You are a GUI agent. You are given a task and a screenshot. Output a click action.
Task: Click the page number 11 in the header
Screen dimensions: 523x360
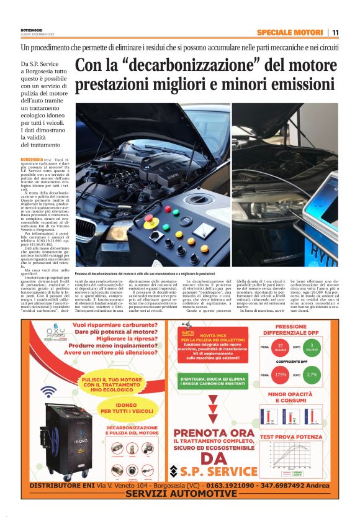point(335,32)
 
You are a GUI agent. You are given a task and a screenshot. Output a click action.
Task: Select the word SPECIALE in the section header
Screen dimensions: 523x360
point(276,32)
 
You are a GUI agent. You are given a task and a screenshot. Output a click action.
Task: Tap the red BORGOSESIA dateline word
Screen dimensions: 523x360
point(32,160)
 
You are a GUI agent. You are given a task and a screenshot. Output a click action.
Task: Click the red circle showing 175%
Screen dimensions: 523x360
point(281,375)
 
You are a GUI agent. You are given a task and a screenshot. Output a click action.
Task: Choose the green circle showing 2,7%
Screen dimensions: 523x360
point(312,375)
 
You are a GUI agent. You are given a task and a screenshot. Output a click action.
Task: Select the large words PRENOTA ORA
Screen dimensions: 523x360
point(214,434)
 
